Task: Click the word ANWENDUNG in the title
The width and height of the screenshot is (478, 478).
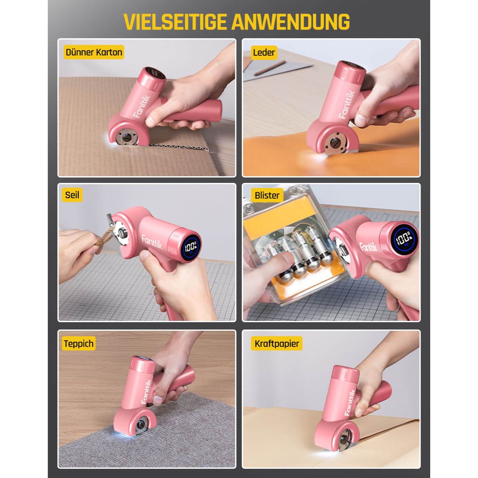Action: (x=291, y=22)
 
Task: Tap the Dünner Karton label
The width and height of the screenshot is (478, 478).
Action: (x=94, y=52)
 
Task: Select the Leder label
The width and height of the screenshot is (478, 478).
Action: (x=264, y=52)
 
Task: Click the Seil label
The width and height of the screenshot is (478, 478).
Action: (x=72, y=195)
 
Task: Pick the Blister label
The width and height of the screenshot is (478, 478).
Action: (x=267, y=195)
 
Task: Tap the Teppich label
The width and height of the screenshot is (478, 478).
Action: (x=79, y=344)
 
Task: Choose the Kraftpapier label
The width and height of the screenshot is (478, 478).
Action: (x=277, y=344)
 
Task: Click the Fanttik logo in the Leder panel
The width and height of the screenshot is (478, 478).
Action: (x=347, y=105)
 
